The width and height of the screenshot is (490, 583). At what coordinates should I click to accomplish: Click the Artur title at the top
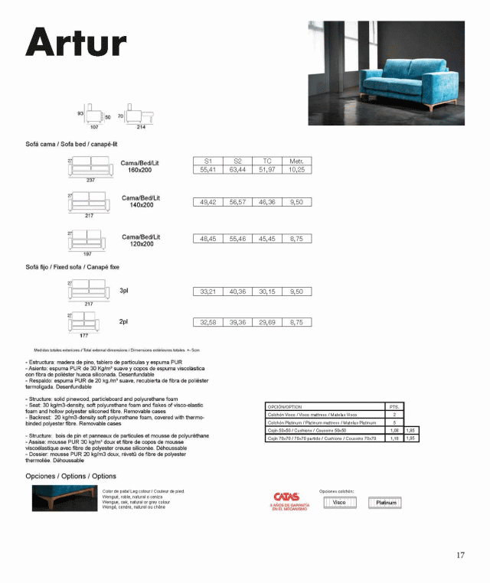[x=74, y=42]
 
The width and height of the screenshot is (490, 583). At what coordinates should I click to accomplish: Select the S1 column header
[x=207, y=161]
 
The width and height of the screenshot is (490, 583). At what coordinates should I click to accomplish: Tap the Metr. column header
[x=296, y=161]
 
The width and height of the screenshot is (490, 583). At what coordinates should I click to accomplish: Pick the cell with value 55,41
[x=207, y=170]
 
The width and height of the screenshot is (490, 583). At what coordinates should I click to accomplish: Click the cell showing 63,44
[x=237, y=170]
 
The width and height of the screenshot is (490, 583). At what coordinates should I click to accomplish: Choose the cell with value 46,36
[x=266, y=202]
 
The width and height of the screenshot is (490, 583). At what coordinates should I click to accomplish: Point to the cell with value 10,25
[x=296, y=170]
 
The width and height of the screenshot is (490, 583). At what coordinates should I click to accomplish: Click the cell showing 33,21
[x=207, y=291]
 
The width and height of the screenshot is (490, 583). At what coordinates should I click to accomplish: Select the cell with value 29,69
[x=266, y=323]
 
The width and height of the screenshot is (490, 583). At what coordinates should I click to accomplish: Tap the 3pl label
[x=124, y=291]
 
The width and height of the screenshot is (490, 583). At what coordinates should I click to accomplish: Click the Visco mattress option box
[x=339, y=503]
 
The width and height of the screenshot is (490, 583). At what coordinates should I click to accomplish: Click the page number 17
[x=460, y=555]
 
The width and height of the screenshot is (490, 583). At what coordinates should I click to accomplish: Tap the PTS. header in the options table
[x=394, y=406]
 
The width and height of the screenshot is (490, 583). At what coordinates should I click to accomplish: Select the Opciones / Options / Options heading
[x=70, y=476]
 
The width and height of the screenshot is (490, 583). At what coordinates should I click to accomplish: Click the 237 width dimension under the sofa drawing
[x=90, y=180]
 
